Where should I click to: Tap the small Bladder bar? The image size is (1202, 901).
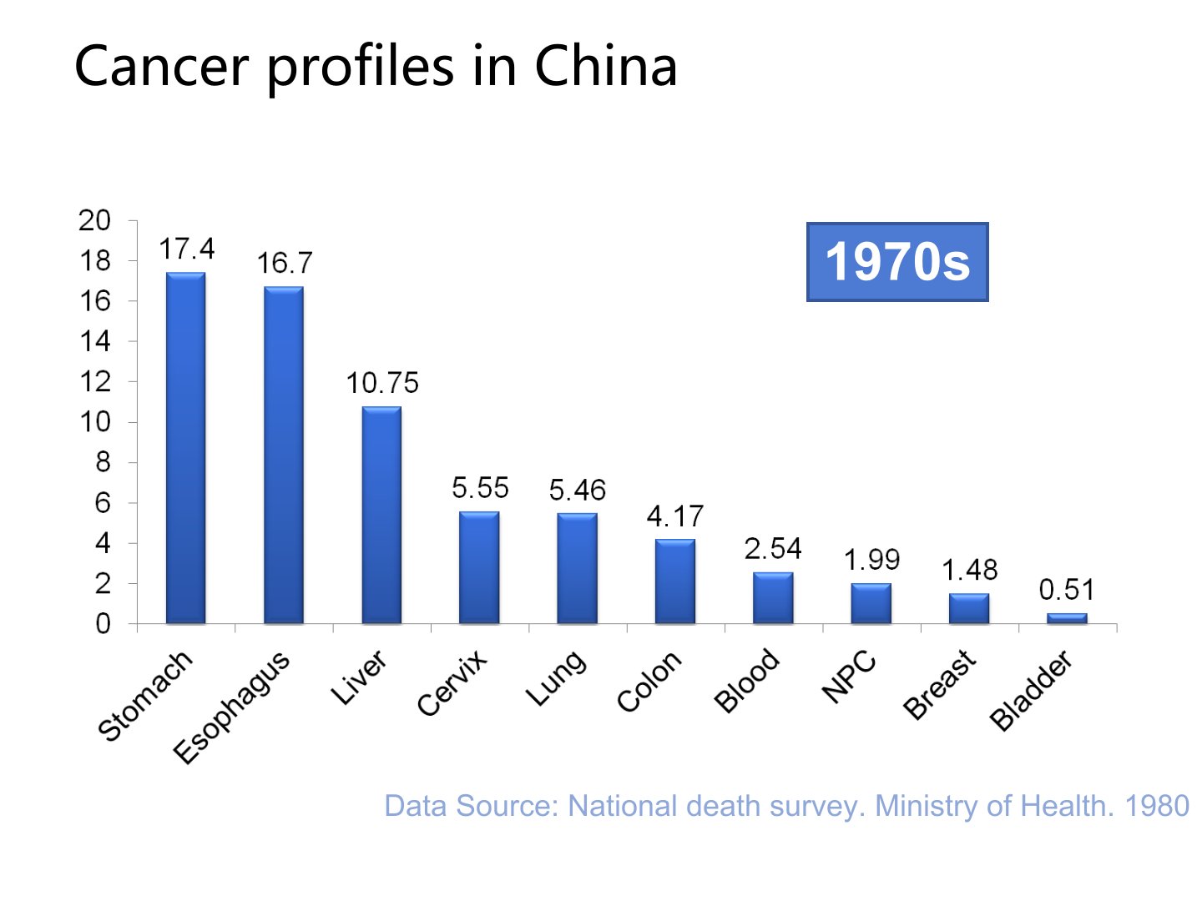[1067, 618]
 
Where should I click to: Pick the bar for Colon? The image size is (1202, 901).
[674, 581]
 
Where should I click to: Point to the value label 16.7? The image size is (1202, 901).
[284, 264]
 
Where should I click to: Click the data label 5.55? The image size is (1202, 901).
[480, 488]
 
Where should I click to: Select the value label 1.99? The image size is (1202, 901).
[871, 560]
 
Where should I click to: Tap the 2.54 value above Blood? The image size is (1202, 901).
[773, 549]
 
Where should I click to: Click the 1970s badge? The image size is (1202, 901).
[897, 262]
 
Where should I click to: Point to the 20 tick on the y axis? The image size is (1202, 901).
[94, 221]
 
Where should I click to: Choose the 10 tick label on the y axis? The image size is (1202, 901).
[94, 422]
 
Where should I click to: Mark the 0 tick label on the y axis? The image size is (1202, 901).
[103, 624]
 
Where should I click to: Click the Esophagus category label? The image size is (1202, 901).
[232, 707]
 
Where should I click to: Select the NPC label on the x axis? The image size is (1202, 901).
[849, 677]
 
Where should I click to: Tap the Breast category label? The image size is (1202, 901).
[940, 684]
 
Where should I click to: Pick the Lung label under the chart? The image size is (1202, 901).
[556, 677]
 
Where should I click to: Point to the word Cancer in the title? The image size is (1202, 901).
[161, 66]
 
